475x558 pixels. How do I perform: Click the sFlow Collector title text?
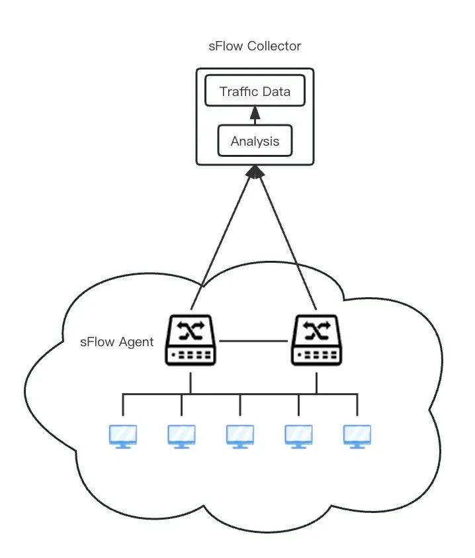(x=255, y=46)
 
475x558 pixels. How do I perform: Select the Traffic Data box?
(x=255, y=91)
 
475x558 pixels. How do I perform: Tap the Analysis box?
(x=255, y=140)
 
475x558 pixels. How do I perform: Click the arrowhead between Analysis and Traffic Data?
(x=255, y=113)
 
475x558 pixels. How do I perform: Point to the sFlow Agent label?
(x=117, y=342)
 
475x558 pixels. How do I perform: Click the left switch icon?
(x=191, y=340)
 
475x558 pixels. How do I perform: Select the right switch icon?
(x=317, y=340)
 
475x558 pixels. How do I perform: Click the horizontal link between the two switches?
(x=253, y=341)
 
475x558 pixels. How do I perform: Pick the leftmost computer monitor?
(x=123, y=437)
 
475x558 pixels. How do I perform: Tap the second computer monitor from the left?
(x=181, y=437)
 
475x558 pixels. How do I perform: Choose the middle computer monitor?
(x=240, y=437)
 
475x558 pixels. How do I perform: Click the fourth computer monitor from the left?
(x=299, y=437)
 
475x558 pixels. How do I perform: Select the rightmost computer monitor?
(x=357, y=437)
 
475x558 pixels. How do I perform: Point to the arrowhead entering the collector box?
(x=255, y=171)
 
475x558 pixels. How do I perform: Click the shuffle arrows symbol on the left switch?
(x=191, y=330)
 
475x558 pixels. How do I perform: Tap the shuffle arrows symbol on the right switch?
(x=317, y=330)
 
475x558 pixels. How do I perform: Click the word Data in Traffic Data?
(x=277, y=91)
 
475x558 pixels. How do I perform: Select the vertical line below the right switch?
(x=317, y=383)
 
